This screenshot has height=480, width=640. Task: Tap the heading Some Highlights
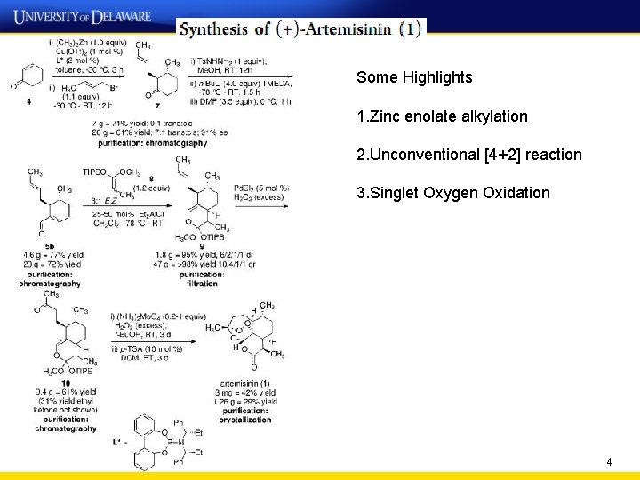414,77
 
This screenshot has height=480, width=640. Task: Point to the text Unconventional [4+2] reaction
469,155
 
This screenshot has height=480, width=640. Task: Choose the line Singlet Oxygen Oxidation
453,193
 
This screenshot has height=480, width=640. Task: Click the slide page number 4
609,462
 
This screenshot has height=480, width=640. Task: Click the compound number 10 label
66,383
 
